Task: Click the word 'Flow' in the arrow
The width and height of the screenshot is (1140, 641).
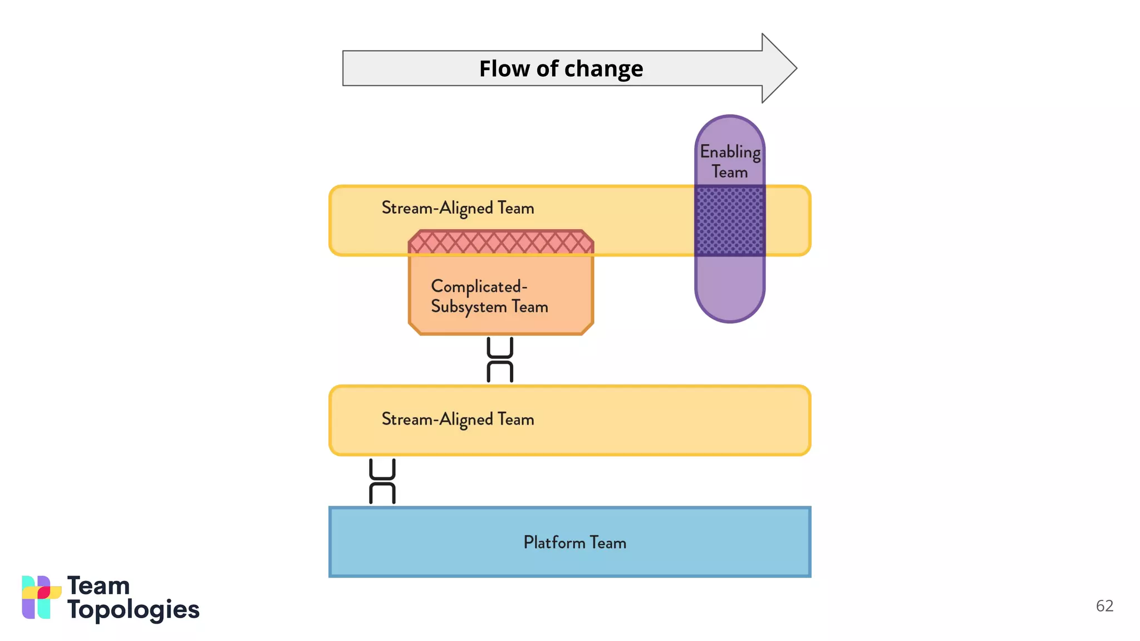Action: click(x=504, y=69)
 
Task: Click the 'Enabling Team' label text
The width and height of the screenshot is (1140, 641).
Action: click(x=730, y=161)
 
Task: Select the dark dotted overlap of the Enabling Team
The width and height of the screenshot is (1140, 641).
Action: click(x=730, y=221)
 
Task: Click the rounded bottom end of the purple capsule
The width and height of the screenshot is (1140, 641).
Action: click(x=730, y=303)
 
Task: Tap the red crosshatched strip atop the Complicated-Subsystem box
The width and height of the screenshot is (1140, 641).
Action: click(x=500, y=243)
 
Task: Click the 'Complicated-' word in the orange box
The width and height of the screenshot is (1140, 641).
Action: click(x=479, y=287)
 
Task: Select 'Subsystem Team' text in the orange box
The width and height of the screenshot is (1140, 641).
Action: click(x=489, y=307)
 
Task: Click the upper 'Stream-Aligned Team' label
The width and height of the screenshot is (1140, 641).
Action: click(x=458, y=208)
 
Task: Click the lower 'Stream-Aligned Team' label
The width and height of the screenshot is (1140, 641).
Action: click(x=458, y=419)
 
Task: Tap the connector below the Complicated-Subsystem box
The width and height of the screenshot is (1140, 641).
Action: click(x=500, y=359)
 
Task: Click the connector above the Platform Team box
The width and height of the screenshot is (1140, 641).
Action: click(x=382, y=481)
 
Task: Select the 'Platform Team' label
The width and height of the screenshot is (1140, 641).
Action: click(x=574, y=543)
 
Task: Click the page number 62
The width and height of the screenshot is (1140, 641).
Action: click(x=1104, y=606)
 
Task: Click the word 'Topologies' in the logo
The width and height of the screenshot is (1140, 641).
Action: click(x=133, y=610)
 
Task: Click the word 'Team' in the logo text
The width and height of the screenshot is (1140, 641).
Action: click(x=99, y=586)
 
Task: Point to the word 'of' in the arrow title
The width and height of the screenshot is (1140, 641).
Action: click(x=547, y=69)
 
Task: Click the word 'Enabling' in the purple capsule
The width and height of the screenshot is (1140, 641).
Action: click(x=730, y=151)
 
